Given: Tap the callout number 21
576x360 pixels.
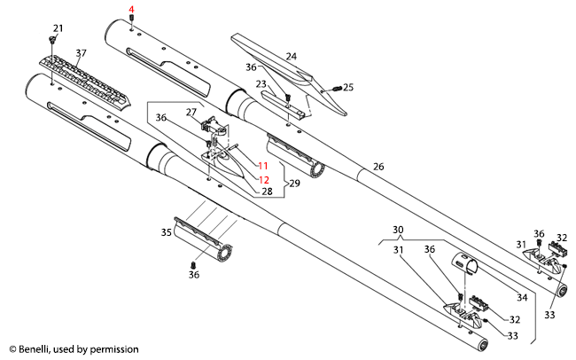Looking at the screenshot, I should [x=58, y=28].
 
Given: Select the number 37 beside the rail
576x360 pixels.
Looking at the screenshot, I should [x=81, y=54].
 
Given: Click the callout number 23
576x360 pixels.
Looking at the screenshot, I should [x=261, y=84].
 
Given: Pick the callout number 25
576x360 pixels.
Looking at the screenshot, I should [x=348, y=87].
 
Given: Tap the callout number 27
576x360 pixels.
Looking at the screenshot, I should [x=191, y=112].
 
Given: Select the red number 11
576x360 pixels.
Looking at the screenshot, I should [x=263, y=166].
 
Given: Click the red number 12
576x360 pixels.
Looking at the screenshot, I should [x=263, y=178].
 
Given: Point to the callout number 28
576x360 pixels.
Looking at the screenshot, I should [x=266, y=192].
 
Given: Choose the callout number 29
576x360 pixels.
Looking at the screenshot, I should [x=293, y=182].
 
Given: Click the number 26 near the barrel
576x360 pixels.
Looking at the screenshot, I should [x=378, y=166].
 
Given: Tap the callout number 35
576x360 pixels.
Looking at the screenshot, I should [x=166, y=232].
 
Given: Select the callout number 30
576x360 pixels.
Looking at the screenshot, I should [x=398, y=229].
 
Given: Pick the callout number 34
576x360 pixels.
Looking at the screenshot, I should [x=521, y=297].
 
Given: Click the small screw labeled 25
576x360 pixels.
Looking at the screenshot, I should [x=338, y=88].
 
